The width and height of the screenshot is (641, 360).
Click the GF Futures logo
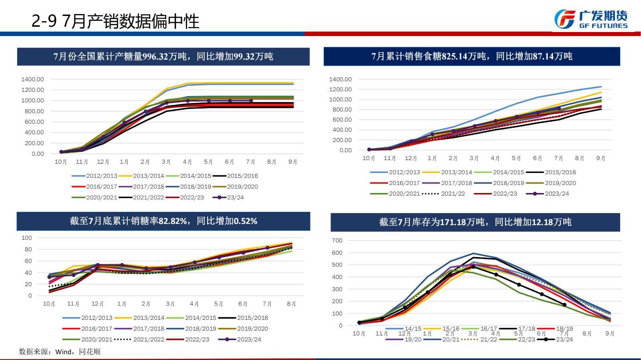pos(591,19)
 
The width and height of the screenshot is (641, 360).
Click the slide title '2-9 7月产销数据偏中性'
pos(115,21)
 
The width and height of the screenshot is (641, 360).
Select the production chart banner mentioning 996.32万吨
pos(163,56)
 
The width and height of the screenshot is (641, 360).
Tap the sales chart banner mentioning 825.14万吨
pos(472,56)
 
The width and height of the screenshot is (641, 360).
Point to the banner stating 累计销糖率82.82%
pos(163,221)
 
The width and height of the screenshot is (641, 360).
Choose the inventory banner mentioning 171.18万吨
pos(475,222)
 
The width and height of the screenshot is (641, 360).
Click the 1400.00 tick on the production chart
pos(32,79)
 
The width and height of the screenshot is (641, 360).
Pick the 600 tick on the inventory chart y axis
pos(337,253)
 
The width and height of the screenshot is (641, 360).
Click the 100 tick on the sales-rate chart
pos(26,238)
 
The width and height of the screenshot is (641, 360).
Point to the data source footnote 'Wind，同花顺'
pos(60,352)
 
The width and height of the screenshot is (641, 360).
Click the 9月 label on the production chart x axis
pos(292,162)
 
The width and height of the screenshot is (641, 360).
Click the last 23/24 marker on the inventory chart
pos(564,305)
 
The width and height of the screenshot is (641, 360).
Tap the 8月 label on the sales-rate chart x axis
pos(291,304)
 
